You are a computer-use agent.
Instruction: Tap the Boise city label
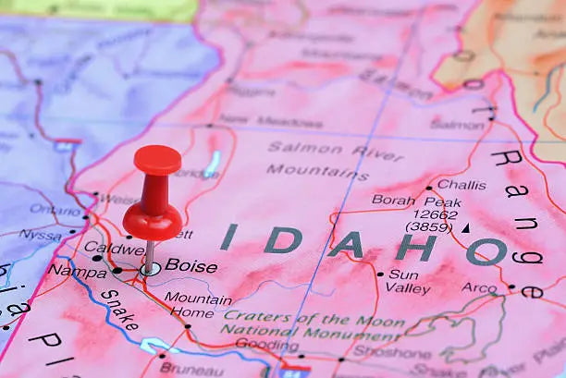pyautogui.click(x=191, y=266)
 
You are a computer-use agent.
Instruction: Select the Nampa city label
pyautogui.click(x=77, y=271)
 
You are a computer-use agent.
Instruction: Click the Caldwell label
pyautogui.click(x=114, y=248)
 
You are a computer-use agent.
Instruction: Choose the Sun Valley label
pyautogui.click(x=403, y=281)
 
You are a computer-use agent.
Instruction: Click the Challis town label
pyautogui.click(x=461, y=185)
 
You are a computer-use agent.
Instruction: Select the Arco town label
pyautogui.click(x=479, y=287)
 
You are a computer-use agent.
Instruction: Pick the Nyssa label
pyautogui.click(x=40, y=236)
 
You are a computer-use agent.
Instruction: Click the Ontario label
pyautogui.click(x=55, y=210)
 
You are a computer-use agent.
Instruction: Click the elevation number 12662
pyautogui.click(x=432, y=213)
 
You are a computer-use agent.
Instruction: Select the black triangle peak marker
pyautogui.click(x=465, y=227)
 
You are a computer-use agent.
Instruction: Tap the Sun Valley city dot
pyautogui.click(x=379, y=274)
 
